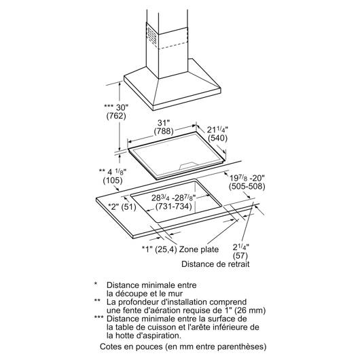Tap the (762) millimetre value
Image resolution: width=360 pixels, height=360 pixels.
point(116,116)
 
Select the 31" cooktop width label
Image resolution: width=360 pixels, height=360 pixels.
point(164,122)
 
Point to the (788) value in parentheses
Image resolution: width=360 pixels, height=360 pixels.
point(164,131)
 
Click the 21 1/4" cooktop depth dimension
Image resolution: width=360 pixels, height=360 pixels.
point(217,130)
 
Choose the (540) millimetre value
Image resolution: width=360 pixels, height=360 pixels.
point(217,139)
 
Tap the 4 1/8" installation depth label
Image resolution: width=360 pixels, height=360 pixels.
point(113,172)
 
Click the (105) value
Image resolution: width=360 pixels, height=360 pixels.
point(113,181)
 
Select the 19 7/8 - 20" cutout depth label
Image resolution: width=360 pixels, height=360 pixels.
point(247,178)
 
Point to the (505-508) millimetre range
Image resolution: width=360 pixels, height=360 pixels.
point(247,186)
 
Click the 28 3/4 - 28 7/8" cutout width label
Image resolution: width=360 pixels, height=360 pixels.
point(174,198)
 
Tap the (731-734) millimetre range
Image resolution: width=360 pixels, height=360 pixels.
point(174,206)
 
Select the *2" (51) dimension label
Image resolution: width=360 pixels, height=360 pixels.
point(122,207)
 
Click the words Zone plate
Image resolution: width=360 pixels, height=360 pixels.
point(199,249)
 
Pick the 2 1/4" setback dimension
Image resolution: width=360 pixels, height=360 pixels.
point(241,247)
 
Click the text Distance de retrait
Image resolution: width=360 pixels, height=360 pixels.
point(215,264)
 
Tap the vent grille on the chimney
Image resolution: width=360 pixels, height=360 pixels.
point(151,37)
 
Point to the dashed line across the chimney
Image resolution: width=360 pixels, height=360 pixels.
point(173,47)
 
